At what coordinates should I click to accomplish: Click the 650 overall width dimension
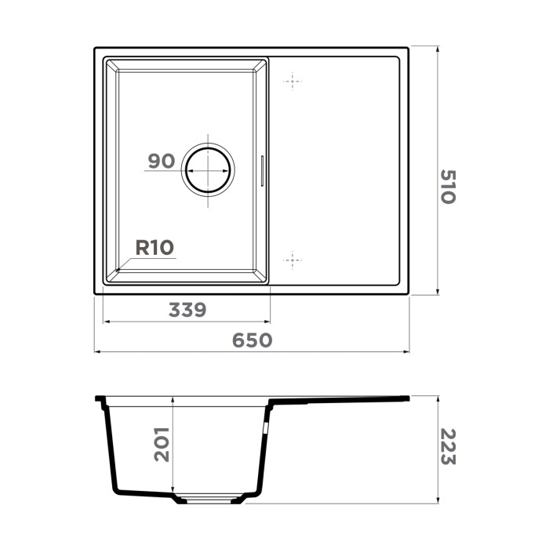252,340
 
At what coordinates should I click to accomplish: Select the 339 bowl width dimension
187,310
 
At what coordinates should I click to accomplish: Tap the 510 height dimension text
447,186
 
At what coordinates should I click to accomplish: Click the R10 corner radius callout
154,248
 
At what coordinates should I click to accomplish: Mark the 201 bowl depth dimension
162,444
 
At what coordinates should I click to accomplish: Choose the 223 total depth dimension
447,447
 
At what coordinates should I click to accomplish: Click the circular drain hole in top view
208,169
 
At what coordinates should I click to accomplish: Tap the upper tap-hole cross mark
292,81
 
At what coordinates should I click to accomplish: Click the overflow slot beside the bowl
262,170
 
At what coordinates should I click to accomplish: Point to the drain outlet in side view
207,497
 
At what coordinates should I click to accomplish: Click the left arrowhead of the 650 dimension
97,351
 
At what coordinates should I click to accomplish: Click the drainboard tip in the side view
406,398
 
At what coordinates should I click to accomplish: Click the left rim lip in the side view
100,399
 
